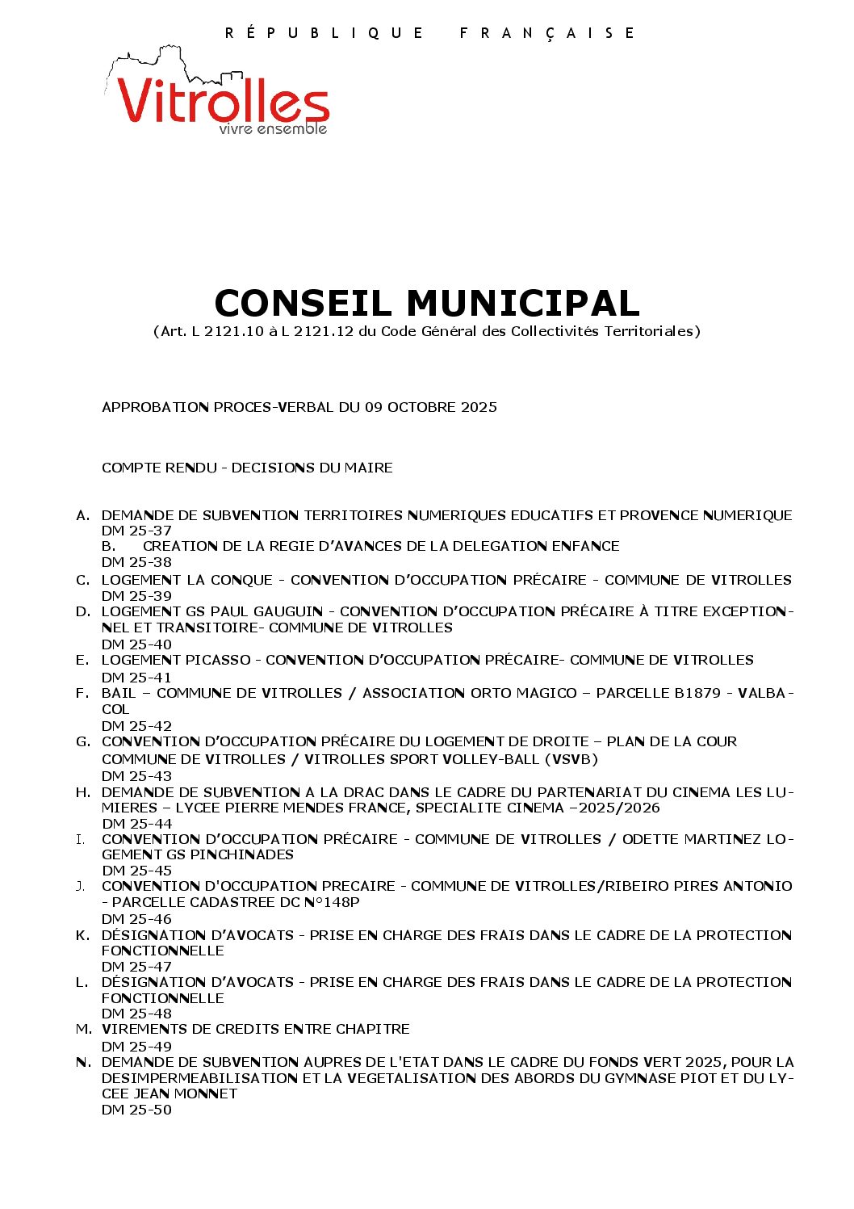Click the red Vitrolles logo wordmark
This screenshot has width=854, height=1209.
(x=223, y=101)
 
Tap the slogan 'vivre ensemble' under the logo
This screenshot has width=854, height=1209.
(x=273, y=129)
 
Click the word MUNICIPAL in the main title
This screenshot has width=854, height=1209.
(x=522, y=303)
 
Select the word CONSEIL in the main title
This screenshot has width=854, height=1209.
(x=306, y=303)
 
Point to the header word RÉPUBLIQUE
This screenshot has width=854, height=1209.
(x=324, y=33)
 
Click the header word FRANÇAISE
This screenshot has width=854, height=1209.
(x=547, y=33)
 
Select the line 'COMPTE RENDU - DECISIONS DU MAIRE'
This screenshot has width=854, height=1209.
(x=247, y=468)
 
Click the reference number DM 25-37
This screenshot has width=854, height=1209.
(x=136, y=531)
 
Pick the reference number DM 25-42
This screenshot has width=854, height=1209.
(x=136, y=726)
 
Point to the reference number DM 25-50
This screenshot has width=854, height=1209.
(x=136, y=1110)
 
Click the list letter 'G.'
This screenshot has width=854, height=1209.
(x=83, y=741)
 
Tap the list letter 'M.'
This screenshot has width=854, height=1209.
(x=84, y=1029)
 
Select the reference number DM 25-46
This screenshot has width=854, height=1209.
(x=136, y=919)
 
